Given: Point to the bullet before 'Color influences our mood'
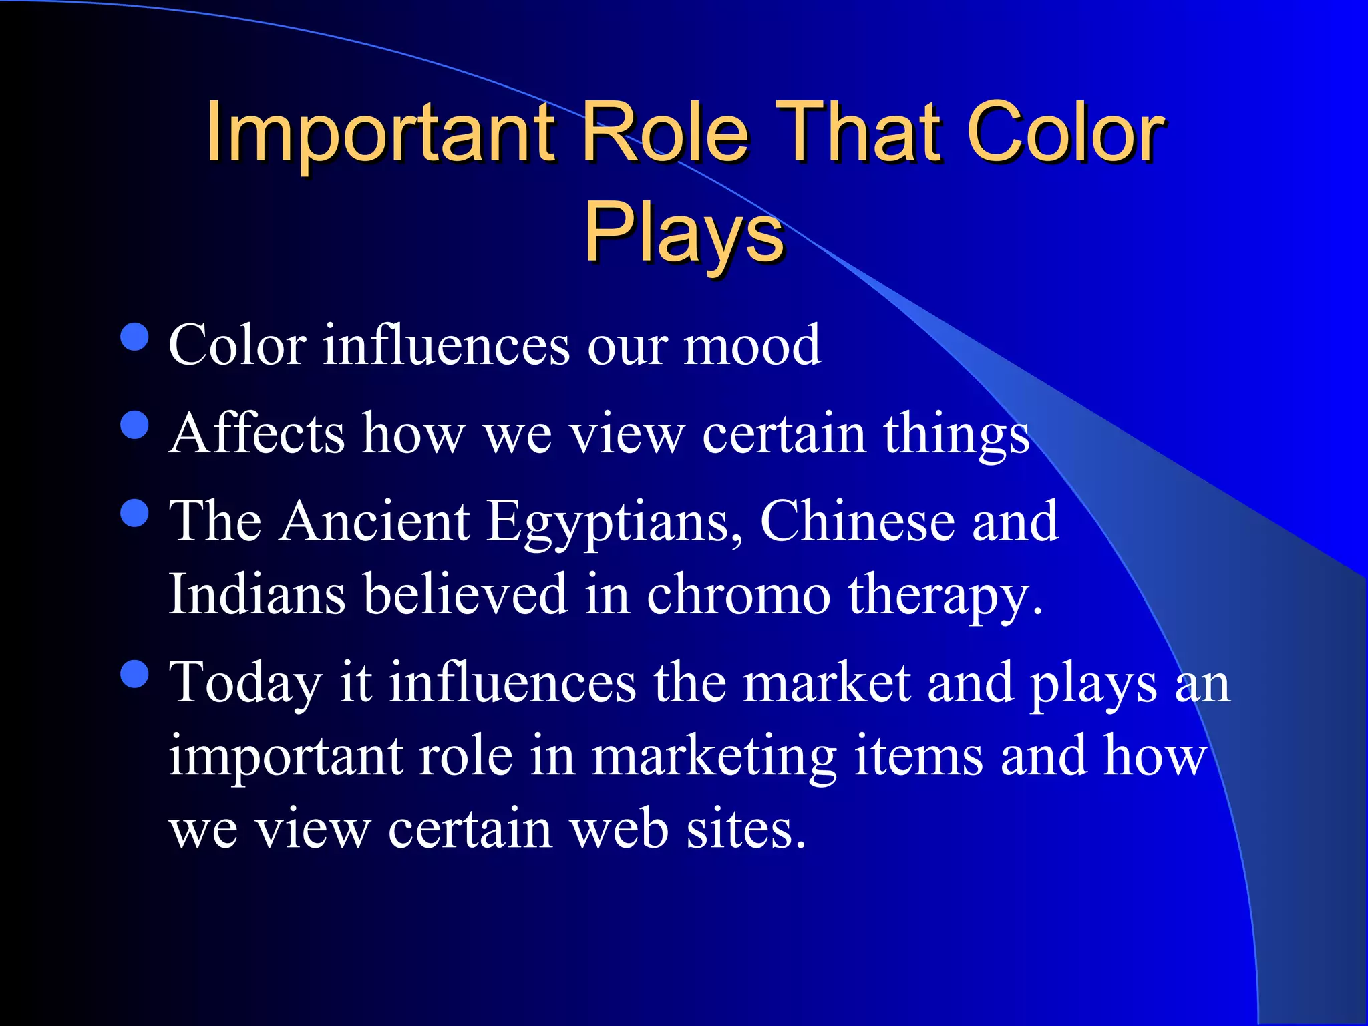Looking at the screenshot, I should (x=135, y=337).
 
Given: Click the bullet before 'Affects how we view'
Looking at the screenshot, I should (x=135, y=424).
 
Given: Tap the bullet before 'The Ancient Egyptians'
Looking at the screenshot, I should (x=135, y=513).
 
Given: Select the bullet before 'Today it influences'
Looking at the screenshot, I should (x=135, y=674).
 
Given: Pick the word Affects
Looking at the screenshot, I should (x=257, y=434).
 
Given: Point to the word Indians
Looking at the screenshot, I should (x=257, y=594).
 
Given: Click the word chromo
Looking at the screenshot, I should (x=738, y=594).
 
